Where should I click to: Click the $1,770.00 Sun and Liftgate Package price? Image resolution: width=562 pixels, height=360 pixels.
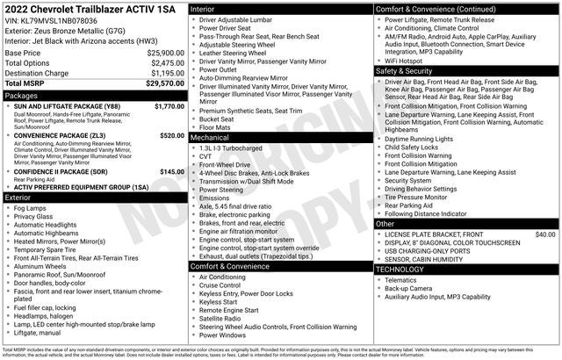tap(166, 105)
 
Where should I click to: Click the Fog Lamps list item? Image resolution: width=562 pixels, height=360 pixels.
tap(32, 208)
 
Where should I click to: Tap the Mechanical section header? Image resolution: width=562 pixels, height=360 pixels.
tap(211, 138)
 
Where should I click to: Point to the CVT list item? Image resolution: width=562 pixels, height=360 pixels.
tap(205, 156)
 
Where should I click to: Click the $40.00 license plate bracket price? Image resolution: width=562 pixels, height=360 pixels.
tap(545, 234)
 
